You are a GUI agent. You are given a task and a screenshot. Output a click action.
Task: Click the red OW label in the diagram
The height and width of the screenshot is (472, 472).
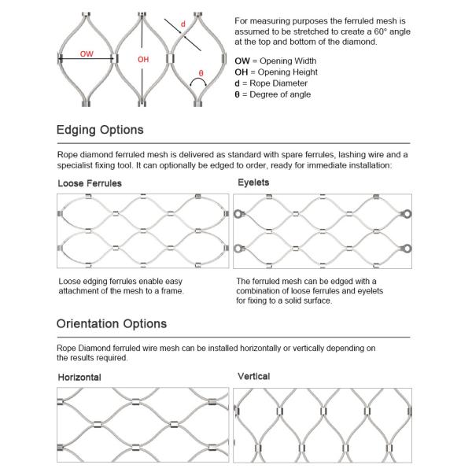click(87, 54)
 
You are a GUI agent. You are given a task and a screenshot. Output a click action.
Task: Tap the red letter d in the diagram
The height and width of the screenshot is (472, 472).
click(183, 24)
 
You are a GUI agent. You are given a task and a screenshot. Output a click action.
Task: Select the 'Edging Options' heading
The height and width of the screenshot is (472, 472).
click(100, 130)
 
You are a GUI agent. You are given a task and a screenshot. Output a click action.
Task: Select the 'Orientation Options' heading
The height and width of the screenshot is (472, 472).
click(111, 323)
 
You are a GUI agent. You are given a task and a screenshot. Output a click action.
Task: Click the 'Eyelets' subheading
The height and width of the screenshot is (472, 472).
click(253, 182)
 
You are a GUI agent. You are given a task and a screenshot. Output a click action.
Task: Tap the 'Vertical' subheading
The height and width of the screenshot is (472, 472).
click(253, 377)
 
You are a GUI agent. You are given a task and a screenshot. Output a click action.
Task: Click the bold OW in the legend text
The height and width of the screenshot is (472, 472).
click(243, 61)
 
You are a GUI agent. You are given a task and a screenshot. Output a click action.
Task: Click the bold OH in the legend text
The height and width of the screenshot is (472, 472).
click(242, 72)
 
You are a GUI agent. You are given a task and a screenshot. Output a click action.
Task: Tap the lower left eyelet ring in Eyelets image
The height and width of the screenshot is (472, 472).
click(234, 249)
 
